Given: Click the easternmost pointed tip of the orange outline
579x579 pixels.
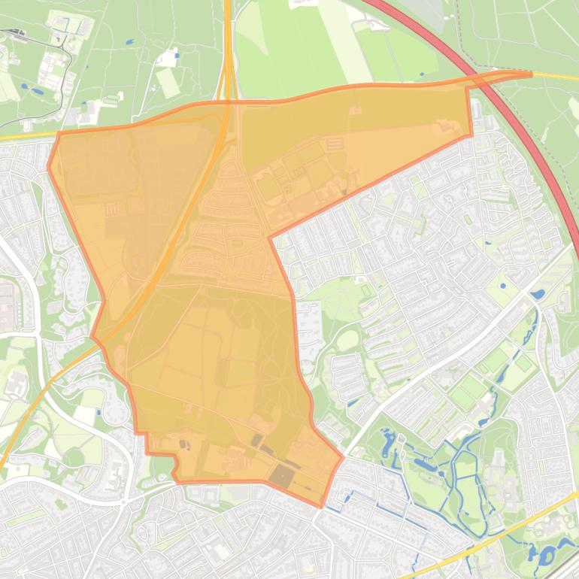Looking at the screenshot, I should [530, 74].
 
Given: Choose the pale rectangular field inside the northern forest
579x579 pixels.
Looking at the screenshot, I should [168, 83].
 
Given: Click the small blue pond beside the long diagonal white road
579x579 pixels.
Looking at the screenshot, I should [537, 294].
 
